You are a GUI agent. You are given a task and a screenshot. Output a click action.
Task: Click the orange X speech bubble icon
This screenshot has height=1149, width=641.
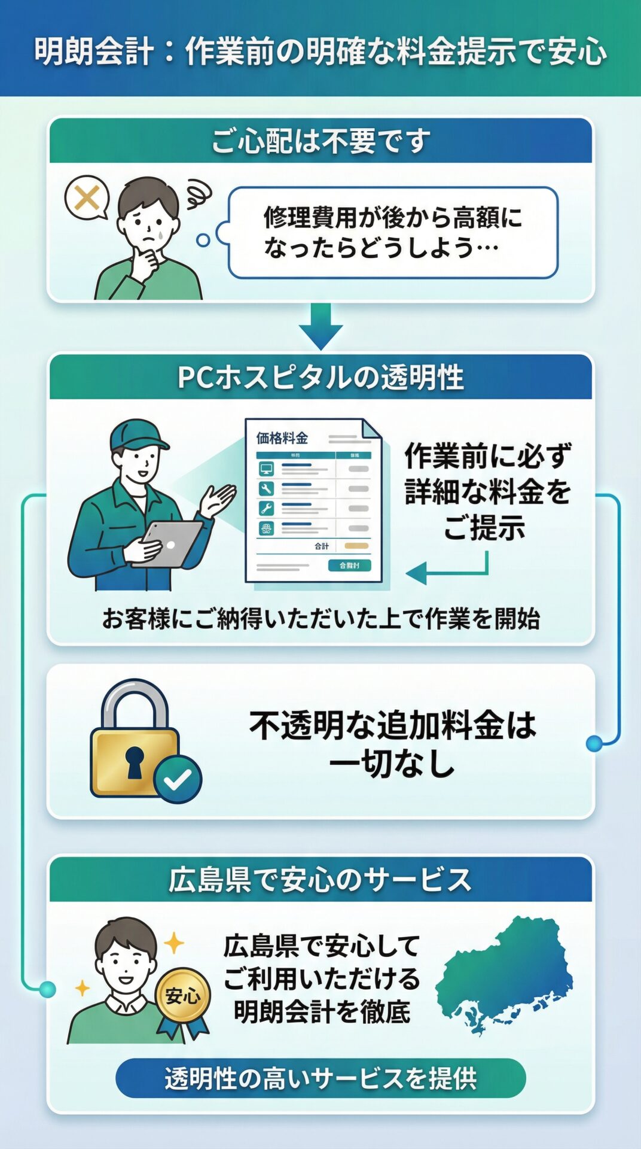pyautogui.click(x=87, y=197)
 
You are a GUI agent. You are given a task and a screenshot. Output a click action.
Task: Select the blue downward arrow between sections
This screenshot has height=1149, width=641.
pyautogui.click(x=320, y=326)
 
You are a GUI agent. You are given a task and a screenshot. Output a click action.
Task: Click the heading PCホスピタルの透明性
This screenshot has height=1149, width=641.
pyautogui.click(x=320, y=378)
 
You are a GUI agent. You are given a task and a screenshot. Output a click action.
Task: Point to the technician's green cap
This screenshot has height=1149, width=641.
pyautogui.click(x=136, y=434)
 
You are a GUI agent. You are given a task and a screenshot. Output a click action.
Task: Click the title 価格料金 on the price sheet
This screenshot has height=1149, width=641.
pyautogui.click(x=282, y=438)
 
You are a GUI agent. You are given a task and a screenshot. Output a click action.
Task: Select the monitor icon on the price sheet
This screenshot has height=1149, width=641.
pyautogui.click(x=266, y=469)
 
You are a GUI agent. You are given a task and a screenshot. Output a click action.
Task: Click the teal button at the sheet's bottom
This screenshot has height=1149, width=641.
pyautogui.click(x=349, y=566)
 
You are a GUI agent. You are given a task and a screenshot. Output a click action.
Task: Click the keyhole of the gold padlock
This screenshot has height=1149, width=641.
pyautogui.click(x=135, y=761)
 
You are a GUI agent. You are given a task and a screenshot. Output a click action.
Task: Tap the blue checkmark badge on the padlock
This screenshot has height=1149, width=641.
pyautogui.click(x=178, y=779)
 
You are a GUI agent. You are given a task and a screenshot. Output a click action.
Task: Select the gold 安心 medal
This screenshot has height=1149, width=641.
pyautogui.click(x=182, y=996)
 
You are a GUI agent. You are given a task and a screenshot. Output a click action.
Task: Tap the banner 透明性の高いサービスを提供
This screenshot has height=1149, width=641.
pyautogui.click(x=320, y=1078)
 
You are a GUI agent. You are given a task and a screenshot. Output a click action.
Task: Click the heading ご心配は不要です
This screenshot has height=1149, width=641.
pyautogui.click(x=320, y=142)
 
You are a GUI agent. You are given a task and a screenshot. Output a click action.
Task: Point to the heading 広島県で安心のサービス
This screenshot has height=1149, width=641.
pyautogui.click(x=320, y=880)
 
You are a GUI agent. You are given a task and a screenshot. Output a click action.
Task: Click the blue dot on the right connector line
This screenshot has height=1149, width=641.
pyautogui.click(x=594, y=743)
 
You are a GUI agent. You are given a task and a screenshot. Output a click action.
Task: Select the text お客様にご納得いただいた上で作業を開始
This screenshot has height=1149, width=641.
pyautogui.click(x=320, y=619)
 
